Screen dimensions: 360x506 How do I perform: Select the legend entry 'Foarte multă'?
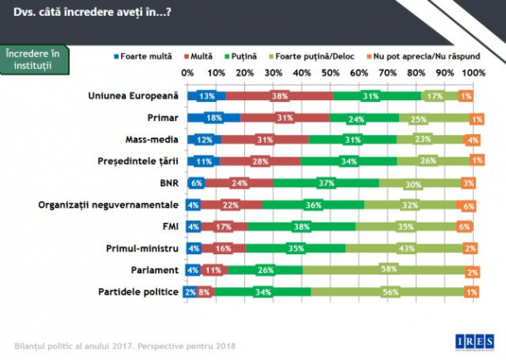(x=145, y=56)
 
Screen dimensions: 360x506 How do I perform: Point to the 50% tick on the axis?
(x=330, y=73)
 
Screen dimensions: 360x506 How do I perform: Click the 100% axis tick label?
(x=473, y=73)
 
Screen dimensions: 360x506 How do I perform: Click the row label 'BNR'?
(x=166, y=183)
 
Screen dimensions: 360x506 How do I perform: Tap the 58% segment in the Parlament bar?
(x=386, y=270)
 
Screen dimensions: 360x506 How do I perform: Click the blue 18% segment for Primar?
(x=213, y=118)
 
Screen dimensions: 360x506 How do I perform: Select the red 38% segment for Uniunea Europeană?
(x=278, y=96)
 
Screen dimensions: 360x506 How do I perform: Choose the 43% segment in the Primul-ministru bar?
(x=407, y=248)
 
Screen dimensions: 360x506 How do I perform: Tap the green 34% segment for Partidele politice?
(x=264, y=291)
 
